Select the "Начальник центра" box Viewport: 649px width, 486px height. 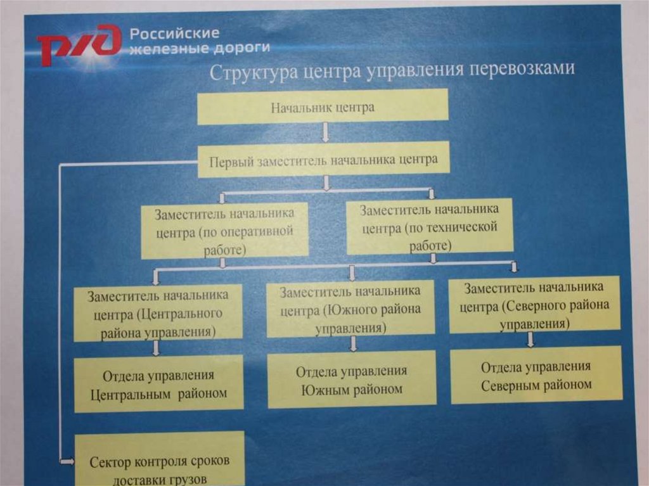tap(323, 106)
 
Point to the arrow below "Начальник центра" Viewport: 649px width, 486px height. tap(325, 132)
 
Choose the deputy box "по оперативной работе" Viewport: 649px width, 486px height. tap(225, 231)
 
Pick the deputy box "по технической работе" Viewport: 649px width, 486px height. tap(429, 227)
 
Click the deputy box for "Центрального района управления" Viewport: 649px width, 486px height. tap(158, 314)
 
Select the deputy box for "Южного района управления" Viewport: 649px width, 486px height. tap(350, 309)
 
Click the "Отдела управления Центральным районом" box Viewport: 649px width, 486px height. tap(158, 384)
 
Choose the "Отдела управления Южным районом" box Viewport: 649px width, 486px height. tap(352, 380)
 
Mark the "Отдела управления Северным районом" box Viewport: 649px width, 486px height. tap(536, 375)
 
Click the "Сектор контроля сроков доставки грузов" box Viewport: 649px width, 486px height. tap(159, 461)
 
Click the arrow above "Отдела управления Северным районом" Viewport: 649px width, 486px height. tap(531, 340)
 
